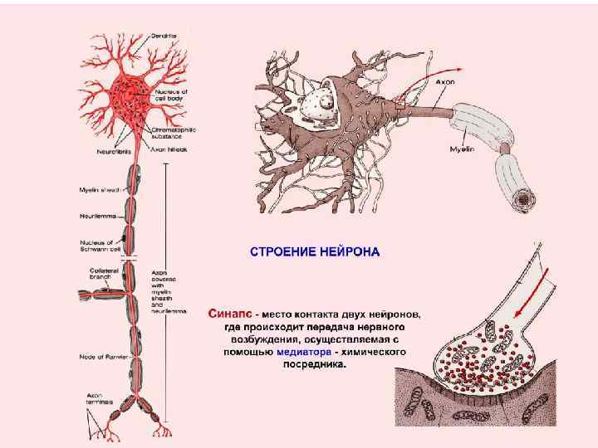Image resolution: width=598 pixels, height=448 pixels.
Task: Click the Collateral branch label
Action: pos(104,273)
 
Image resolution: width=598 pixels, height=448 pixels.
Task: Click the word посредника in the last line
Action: pos(314,363)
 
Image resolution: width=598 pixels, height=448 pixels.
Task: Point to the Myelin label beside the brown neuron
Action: pos(462,149)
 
